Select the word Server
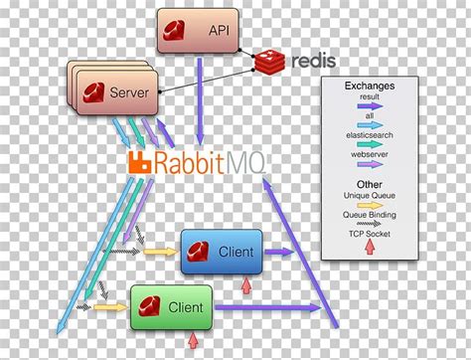click(129, 92)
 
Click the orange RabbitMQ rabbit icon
click(141, 161)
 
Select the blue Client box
click(223, 253)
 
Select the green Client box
click(174, 307)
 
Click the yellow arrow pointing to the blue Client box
click(157, 252)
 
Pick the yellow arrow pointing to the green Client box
click(111, 307)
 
